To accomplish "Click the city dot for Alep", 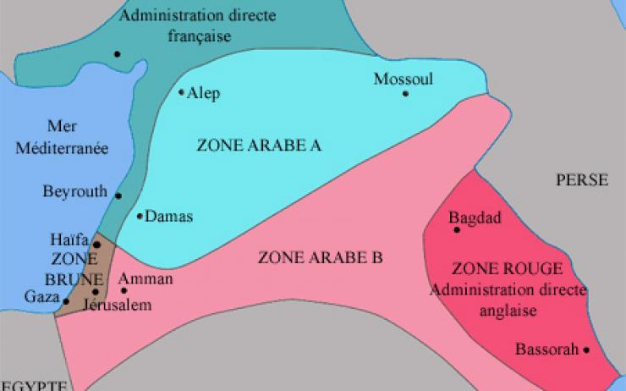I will (x=181, y=92).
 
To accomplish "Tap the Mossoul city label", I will (x=403, y=79).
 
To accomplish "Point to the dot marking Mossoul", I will (x=405, y=93).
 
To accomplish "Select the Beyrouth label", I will (x=75, y=191).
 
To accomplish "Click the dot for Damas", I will (x=140, y=216).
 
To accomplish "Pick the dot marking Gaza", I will (x=66, y=300).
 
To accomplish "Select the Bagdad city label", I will (x=475, y=218).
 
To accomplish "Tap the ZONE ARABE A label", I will (x=259, y=145).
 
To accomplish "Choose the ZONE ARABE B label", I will (x=321, y=256).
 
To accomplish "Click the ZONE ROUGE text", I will (x=495, y=269).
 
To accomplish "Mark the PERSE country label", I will (x=581, y=179).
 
